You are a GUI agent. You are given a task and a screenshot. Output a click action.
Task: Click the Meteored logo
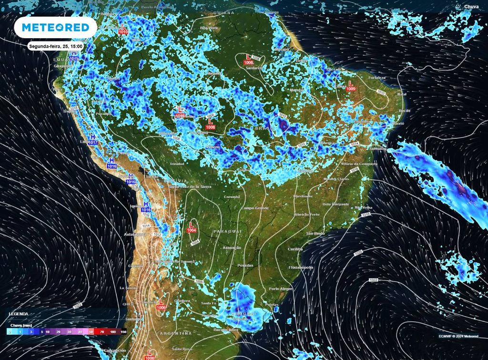tap(56, 28)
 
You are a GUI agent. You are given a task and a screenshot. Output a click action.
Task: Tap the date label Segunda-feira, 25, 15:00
tap(56, 46)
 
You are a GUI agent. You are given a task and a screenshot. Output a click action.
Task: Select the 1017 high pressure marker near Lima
tap(93, 143)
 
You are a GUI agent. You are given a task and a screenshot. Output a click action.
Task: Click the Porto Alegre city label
tap(280, 289)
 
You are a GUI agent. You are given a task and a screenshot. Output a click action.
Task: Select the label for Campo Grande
tap(255, 208)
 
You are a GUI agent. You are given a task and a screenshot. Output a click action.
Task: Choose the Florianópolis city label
tap(300, 267)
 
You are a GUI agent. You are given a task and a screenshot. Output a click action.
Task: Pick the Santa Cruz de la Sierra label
tap(189, 187)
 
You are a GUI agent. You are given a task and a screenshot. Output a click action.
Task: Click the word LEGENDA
tap(19, 314)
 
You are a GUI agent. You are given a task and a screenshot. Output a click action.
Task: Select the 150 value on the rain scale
tap(123, 331)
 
